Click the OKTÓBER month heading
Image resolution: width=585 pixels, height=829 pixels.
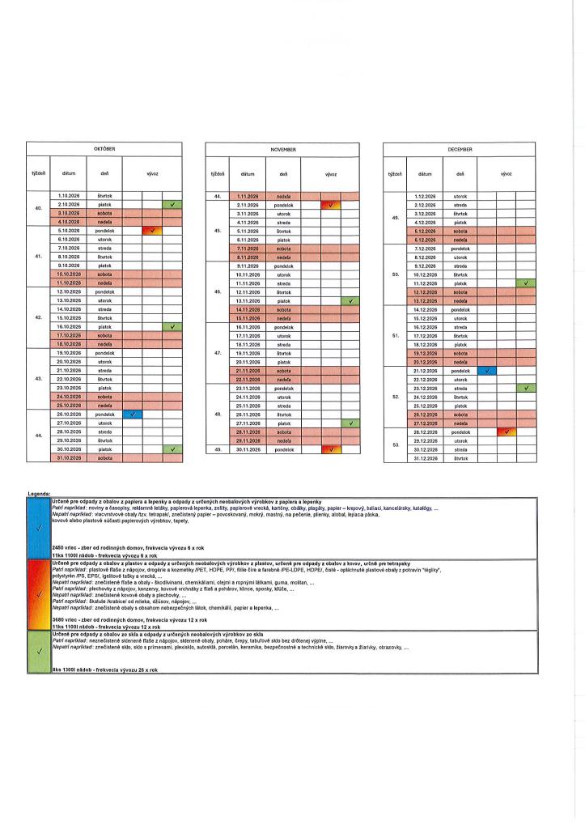106,150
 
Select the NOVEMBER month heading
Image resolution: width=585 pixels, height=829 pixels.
283,150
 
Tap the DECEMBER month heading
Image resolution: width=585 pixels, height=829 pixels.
460,150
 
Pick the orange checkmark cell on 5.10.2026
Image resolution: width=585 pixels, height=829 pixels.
151,231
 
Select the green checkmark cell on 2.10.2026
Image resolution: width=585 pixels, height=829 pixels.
172,205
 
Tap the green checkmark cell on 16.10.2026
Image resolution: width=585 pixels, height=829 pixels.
172,327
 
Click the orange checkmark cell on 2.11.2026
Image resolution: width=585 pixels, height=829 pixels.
331,205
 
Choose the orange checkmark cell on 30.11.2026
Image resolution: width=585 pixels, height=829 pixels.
331,449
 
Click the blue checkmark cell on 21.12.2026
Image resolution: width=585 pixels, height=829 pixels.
487,371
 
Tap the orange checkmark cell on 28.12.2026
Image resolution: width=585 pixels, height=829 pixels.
507,432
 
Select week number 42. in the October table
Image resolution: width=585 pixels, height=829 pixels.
39,318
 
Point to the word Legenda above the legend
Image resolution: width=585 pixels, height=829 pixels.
38,493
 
